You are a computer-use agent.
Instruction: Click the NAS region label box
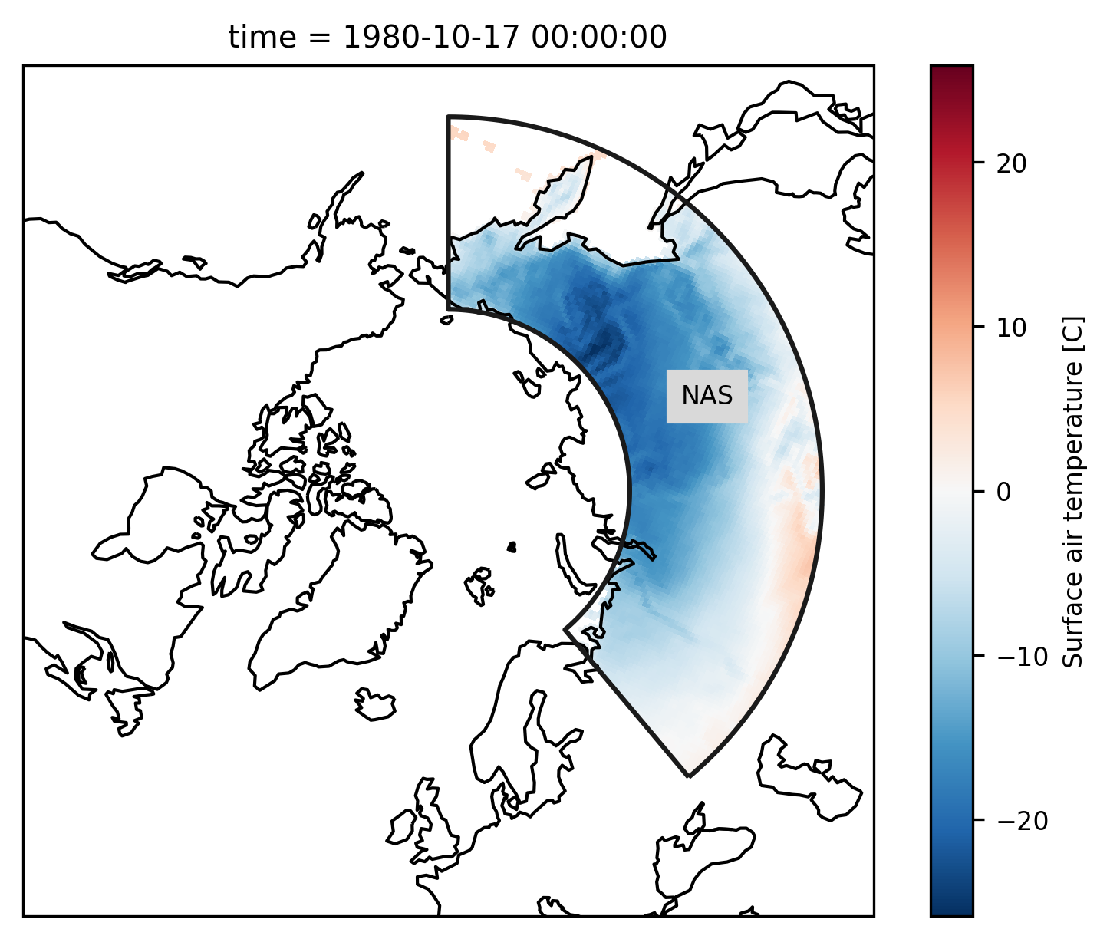(707, 396)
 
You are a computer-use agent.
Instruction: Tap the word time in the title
(262, 38)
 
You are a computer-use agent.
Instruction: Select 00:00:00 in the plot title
(599, 38)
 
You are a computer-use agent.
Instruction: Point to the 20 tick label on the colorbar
(1011, 164)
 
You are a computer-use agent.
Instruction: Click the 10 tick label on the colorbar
(1011, 328)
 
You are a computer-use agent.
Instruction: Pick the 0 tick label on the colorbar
(1003, 493)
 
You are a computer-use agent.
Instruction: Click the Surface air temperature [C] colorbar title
(1073, 492)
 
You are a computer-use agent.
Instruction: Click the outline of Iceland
(375, 703)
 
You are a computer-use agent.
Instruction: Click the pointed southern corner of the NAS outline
(689, 776)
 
